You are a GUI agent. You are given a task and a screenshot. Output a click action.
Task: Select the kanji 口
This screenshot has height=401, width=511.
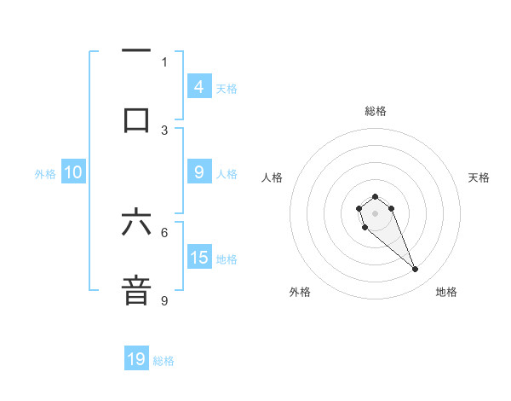[x=136, y=119]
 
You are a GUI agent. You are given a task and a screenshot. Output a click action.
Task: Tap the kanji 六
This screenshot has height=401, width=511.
[x=136, y=222]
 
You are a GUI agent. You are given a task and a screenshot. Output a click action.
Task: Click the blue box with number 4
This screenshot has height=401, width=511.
[x=198, y=86]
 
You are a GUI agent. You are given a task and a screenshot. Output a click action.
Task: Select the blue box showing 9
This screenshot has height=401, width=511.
[x=198, y=172]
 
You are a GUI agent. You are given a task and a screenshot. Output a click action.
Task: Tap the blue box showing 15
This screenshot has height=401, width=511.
[x=198, y=258]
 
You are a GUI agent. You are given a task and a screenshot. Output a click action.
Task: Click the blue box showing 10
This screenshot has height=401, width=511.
[x=73, y=172]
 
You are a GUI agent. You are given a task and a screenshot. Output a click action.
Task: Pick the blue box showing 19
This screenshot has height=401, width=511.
[x=136, y=359]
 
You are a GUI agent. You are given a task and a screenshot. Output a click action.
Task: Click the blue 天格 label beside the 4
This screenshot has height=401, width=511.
[x=227, y=88]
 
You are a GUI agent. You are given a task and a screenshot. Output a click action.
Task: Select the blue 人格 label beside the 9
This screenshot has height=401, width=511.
[x=227, y=173]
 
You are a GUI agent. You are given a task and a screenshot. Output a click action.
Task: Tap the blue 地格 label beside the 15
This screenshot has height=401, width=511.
[x=227, y=259]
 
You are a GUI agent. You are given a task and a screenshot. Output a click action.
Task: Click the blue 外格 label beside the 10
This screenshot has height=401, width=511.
[x=45, y=173]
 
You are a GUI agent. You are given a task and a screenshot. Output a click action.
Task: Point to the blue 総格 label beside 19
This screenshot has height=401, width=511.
[x=164, y=361]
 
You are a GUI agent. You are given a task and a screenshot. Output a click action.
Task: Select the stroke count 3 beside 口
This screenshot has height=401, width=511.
[x=164, y=130]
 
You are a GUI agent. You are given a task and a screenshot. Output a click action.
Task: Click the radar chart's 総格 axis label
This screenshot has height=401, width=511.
[x=375, y=111]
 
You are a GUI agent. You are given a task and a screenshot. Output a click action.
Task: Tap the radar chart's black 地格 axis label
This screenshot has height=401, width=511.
[x=446, y=292]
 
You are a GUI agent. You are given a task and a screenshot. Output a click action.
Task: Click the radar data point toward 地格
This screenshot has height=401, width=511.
[x=416, y=270]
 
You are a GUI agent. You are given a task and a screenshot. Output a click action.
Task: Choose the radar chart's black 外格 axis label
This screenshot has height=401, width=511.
[x=300, y=292]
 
